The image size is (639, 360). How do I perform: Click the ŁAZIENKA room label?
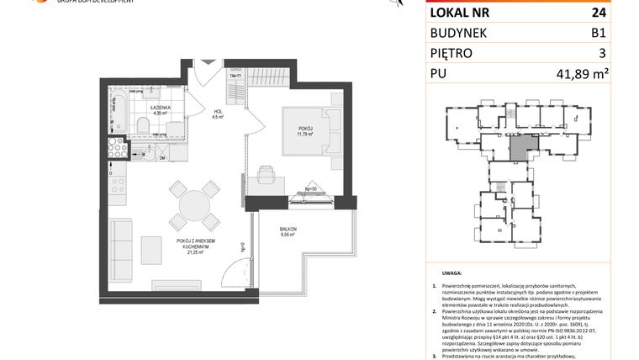(x=161, y=110)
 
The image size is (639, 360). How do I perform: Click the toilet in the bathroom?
(x=142, y=127)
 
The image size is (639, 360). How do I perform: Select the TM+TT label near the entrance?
(x=236, y=77)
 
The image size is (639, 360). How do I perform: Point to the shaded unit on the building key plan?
(x=520, y=149)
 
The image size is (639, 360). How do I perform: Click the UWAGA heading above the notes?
(x=452, y=273)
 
